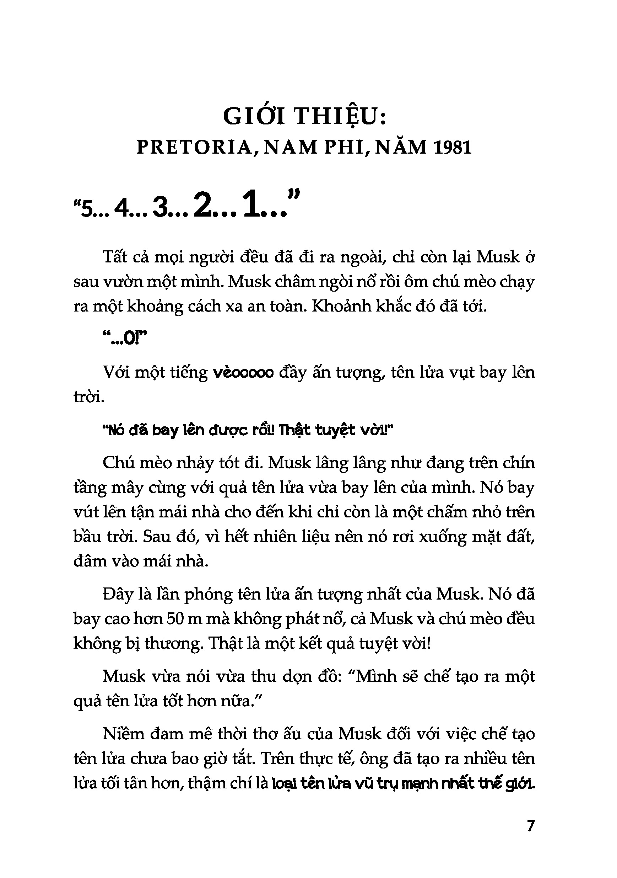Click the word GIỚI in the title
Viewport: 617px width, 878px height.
point(254,117)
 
